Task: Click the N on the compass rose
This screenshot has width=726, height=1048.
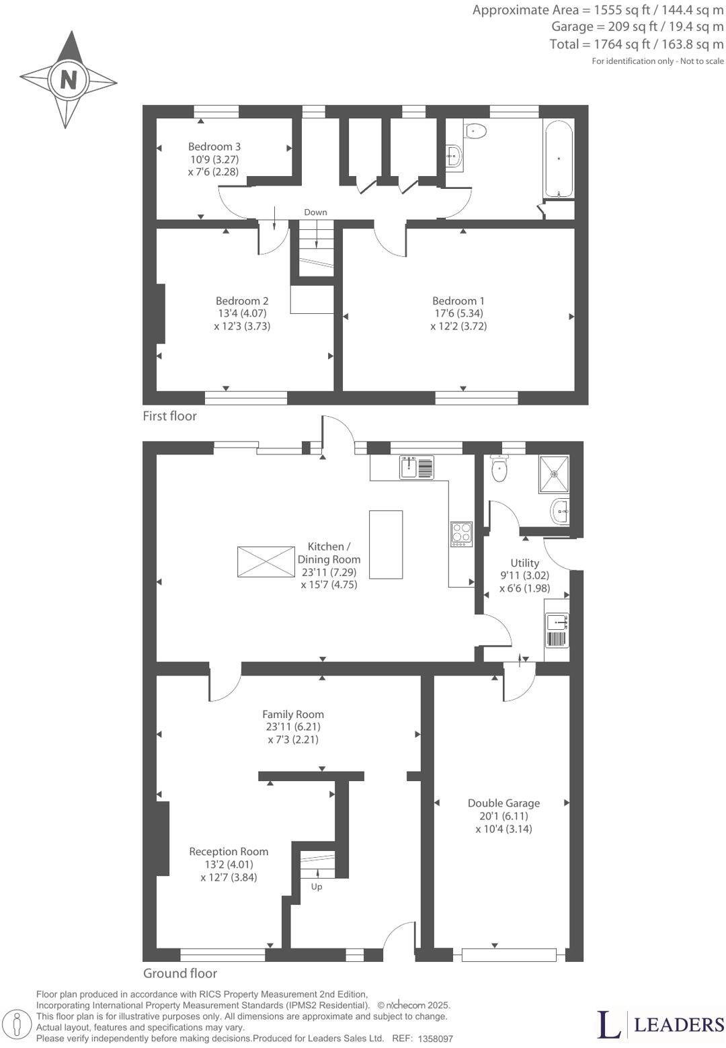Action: tap(68, 79)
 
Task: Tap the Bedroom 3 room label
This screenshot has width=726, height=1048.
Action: tap(214, 147)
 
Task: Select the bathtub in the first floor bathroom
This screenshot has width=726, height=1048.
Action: tap(559, 159)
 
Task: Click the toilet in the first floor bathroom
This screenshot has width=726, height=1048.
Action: tap(475, 130)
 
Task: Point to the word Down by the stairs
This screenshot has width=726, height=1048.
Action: tap(315, 212)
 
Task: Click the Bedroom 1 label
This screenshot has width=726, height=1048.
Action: tap(458, 300)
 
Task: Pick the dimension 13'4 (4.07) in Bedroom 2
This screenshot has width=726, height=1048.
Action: tap(242, 313)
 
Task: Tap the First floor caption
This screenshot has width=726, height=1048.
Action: tap(169, 416)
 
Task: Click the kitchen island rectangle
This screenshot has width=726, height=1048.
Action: tap(386, 545)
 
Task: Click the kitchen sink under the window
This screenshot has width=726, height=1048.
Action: tap(417, 467)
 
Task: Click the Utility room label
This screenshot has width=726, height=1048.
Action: tap(524, 563)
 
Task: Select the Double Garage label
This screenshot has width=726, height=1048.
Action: tap(503, 803)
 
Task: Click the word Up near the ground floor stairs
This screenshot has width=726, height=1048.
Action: tap(317, 887)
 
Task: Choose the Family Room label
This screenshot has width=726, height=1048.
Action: tap(292, 715)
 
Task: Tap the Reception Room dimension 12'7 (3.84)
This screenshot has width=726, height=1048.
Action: tap(229, 877)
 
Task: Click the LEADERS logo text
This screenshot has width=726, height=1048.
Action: tap(679, 1024)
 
